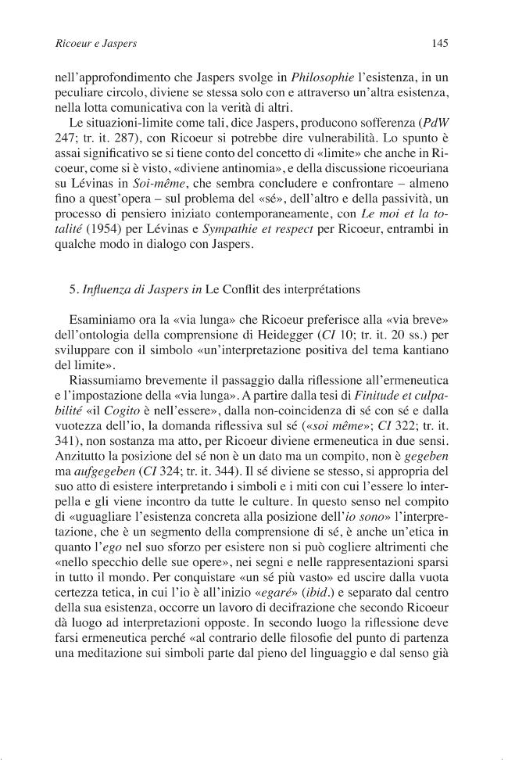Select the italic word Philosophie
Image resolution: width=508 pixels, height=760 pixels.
click(x=302, y=77)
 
